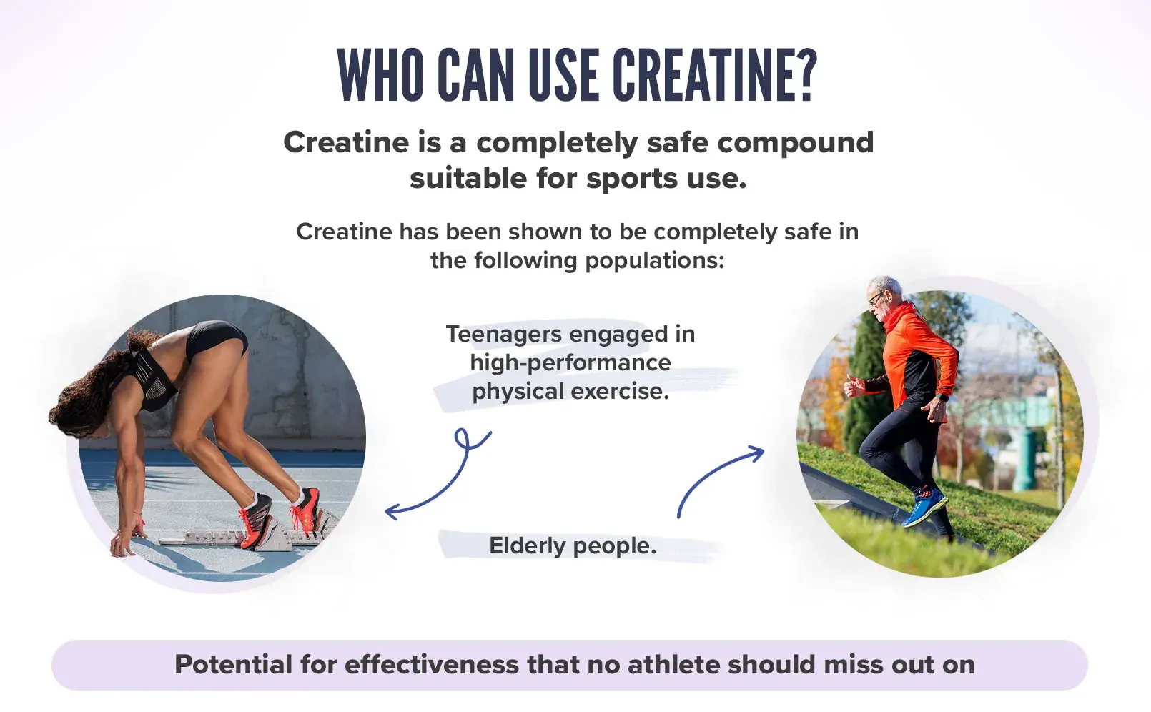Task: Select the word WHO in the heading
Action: click(380, 75)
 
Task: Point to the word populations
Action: click(655, 261)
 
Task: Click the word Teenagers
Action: click(503, 335)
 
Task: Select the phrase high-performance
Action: click(570, 363)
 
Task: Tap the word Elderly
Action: click(527, 545)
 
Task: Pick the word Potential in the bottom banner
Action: click(233, 665)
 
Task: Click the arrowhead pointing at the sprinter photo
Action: click(392, 512)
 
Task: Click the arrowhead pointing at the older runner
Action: click(756, 453)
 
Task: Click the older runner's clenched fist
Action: click(853, 386)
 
